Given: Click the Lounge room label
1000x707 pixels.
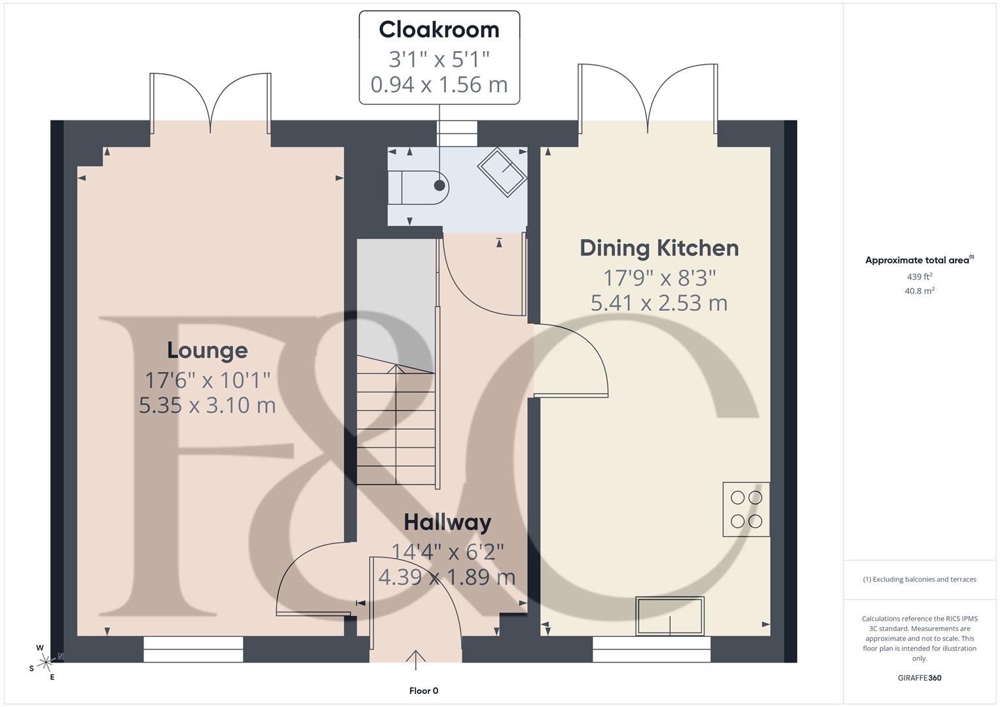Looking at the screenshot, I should [x=207, y=350].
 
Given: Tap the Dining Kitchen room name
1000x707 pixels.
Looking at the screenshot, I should [x=659, y=248].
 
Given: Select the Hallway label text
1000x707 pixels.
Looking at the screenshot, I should [x=447, y=522].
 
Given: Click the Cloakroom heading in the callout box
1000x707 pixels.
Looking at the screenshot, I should [x=439, y=30].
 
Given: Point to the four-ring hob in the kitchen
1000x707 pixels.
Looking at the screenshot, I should [x=746, y=509].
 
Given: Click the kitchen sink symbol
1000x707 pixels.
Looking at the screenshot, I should [x=669, y=616].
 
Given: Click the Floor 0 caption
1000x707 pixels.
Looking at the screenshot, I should [x=424, y=691].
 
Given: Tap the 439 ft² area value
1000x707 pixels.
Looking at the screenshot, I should [x=919, y=277].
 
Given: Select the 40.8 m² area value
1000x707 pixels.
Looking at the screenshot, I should [x=919, y=291].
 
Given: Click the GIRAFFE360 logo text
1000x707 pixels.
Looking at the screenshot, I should [x=919, y=678].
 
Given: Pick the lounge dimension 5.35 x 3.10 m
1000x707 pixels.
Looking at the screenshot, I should [x=207, y=405].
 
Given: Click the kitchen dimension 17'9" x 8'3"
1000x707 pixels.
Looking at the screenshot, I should [x=659, y=278].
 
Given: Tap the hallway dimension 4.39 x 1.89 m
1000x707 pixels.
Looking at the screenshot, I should [x=447, y=577].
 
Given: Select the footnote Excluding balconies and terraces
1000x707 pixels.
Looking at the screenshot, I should [x=919, y=579].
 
